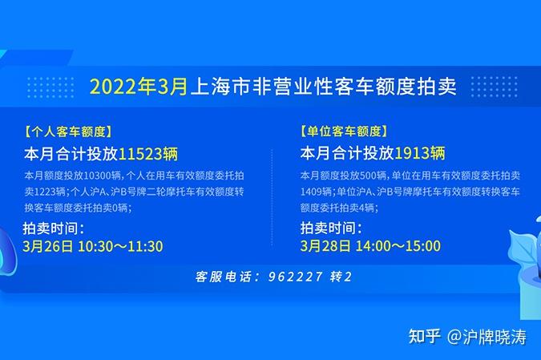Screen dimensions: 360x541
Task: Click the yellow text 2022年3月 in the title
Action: pos(138,87)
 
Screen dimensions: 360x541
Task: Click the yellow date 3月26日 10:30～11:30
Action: pos(93,246)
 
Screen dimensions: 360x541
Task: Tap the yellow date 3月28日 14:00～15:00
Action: pos(370,246)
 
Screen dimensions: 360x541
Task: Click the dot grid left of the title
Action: pos(50,86)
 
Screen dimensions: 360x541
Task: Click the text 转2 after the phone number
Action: pos(341,277)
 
